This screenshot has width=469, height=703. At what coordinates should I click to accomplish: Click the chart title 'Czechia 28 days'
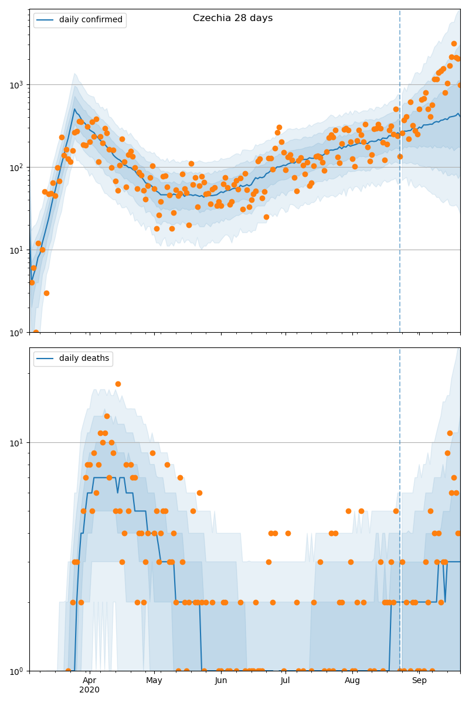pyautogui.click(x=233, y=18)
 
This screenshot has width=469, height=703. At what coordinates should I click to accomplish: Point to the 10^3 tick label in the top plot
pyautogui.click(x=16, y=84)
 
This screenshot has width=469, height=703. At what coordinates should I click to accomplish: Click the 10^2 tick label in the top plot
pyautogui.click(x=16, y=167)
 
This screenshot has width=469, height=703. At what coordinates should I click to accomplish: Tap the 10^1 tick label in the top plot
pyautogui.click(x=16, y=250)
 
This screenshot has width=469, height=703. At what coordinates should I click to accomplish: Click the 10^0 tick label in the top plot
pyautogui.click(x=16, y=332)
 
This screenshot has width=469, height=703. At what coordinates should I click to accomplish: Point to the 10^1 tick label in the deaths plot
pyautogui.click(x=16, y=442)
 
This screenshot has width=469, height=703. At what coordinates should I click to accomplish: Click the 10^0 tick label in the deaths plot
pyautogui.click(x=16, y=670)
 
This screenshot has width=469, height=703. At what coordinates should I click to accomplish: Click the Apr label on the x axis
pyautogui.click(x=89, y=680)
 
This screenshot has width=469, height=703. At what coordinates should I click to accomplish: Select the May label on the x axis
pyautogui.click(x=154, y=680)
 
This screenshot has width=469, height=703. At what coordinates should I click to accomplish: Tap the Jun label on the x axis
pyautogui.click(x=221, y=680)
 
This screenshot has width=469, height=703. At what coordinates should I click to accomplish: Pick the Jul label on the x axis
pyautogui.click(x=286, y=680)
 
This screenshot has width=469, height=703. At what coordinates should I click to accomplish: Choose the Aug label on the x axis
pyautogui.click(x=352, y=680)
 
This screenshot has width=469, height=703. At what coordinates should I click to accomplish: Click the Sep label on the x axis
pyautogui.click(x=419, y=680)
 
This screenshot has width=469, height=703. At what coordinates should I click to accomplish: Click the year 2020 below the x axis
pyautogui.click(x=89, y=690)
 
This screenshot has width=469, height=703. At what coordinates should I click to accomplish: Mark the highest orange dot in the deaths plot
pyautogui.click(x=118, y=384)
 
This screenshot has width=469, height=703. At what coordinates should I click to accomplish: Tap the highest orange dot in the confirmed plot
pyautogui.click(x=454, y=43)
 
